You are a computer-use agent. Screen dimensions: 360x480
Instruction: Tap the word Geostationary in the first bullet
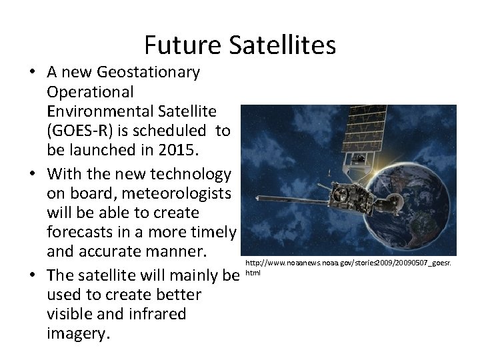[148, 71]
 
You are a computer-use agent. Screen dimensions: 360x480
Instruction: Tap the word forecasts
[81, 232]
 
